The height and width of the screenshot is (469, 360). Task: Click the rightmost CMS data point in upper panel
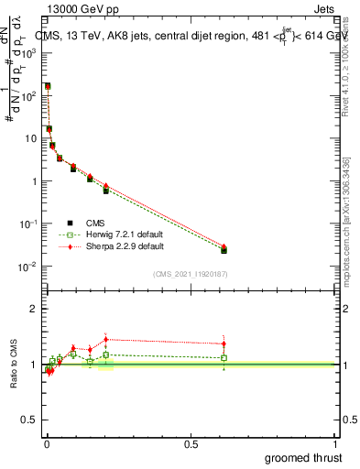click(x=224, y=249)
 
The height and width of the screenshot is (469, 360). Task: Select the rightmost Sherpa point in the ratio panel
click(x=224, y=344)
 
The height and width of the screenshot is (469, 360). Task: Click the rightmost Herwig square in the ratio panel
click(x=224, y=357)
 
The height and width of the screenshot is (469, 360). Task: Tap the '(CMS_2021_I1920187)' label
click(x=190, y=274)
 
